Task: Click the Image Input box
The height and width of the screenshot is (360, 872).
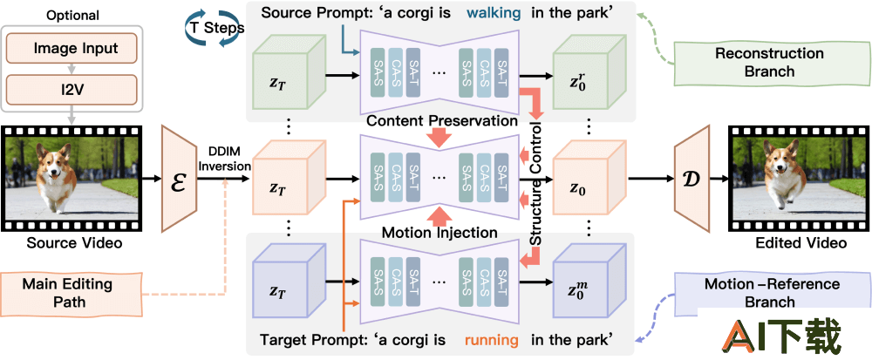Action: (x=74, y=50)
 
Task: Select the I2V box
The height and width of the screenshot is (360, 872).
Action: (x=74, y=87)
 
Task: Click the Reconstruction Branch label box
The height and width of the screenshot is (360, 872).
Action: (x=757, y=63)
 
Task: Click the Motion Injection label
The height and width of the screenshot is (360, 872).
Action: (x=439, y=233)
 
